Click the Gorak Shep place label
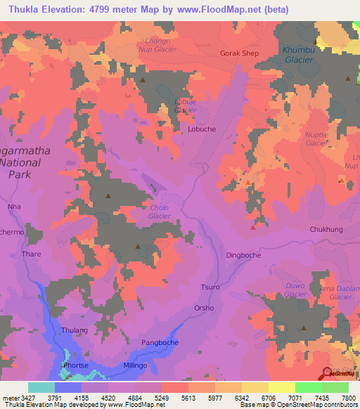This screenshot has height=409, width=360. (x=239, y=53)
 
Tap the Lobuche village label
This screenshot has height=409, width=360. (x=202, y=129)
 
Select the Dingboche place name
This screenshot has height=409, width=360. (x=243, y=255)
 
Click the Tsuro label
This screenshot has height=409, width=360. (x=210, y=288)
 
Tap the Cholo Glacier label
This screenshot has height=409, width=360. (x=160, y=212)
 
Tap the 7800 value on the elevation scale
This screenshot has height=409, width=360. (x=348, y=397)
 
